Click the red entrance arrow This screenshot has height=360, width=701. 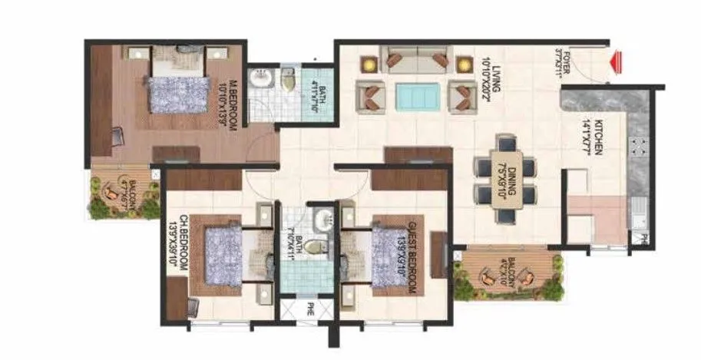point(614,63)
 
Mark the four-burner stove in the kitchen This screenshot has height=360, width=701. point(637,150)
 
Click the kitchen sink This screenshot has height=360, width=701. point(637,210)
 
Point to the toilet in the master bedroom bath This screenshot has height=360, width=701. point(288,78)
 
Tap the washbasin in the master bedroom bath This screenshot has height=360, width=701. point(262,79)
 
